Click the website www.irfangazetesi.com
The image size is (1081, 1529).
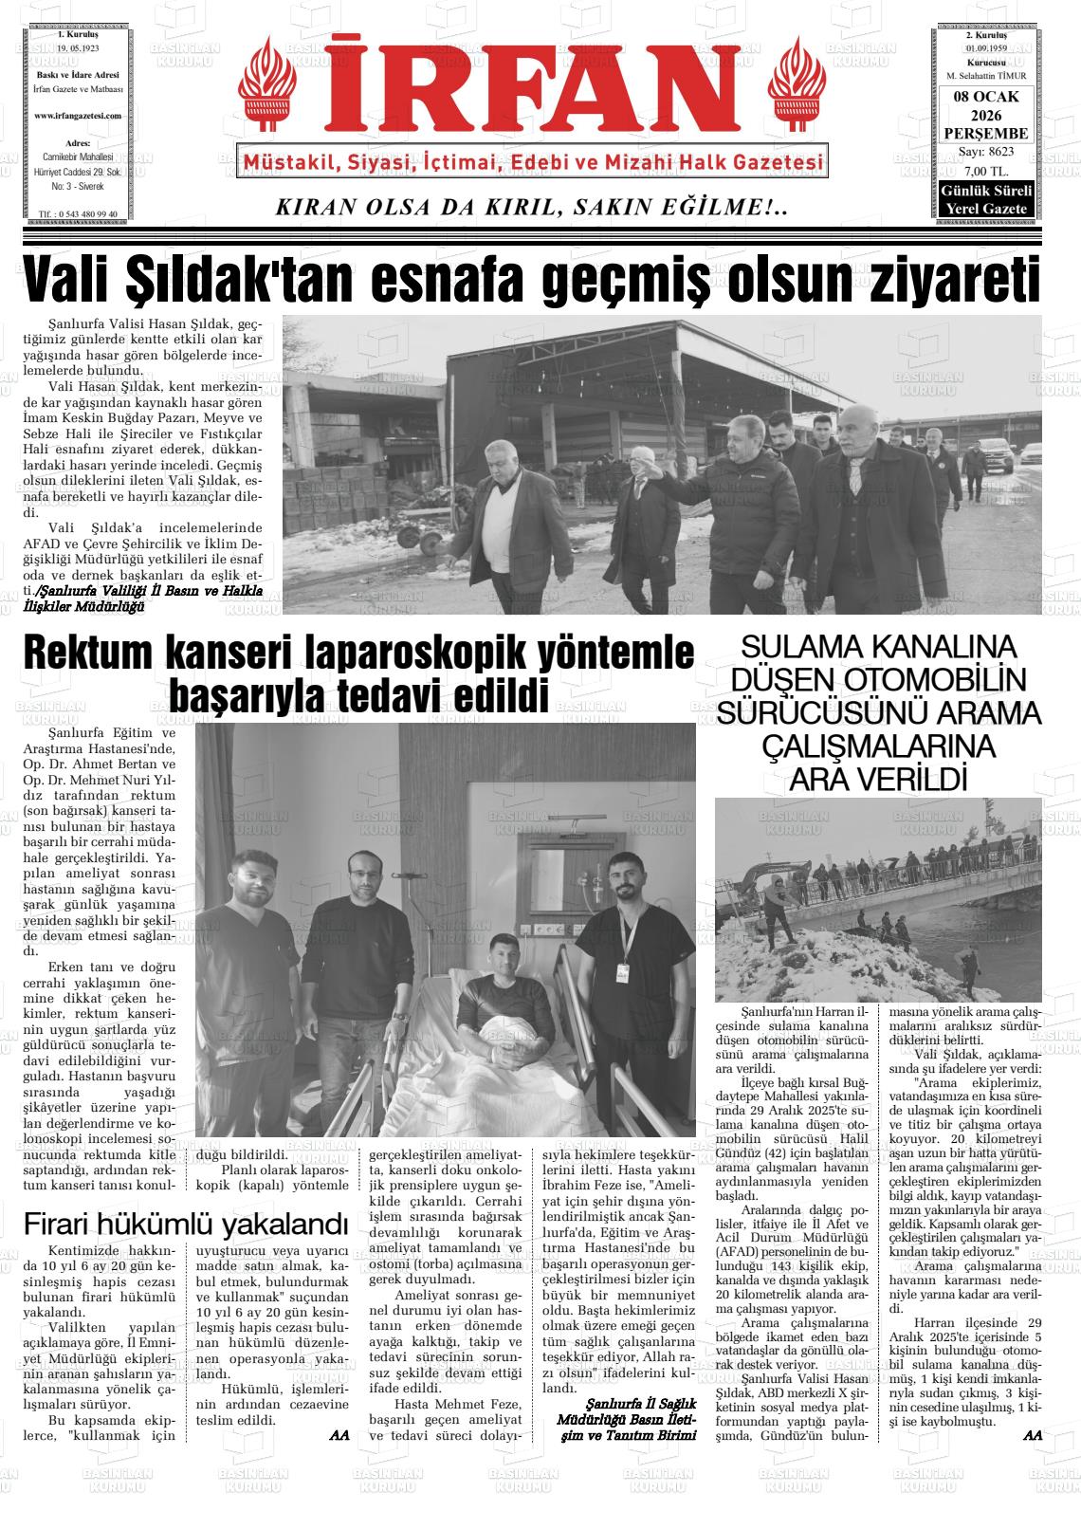[78, 115]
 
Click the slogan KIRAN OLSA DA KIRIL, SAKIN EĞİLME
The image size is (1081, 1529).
[530, 207]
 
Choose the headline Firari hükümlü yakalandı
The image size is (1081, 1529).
[185, 1223]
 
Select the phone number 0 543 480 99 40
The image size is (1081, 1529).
[83, 214]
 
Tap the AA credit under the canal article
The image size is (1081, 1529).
[1033, 1435]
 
